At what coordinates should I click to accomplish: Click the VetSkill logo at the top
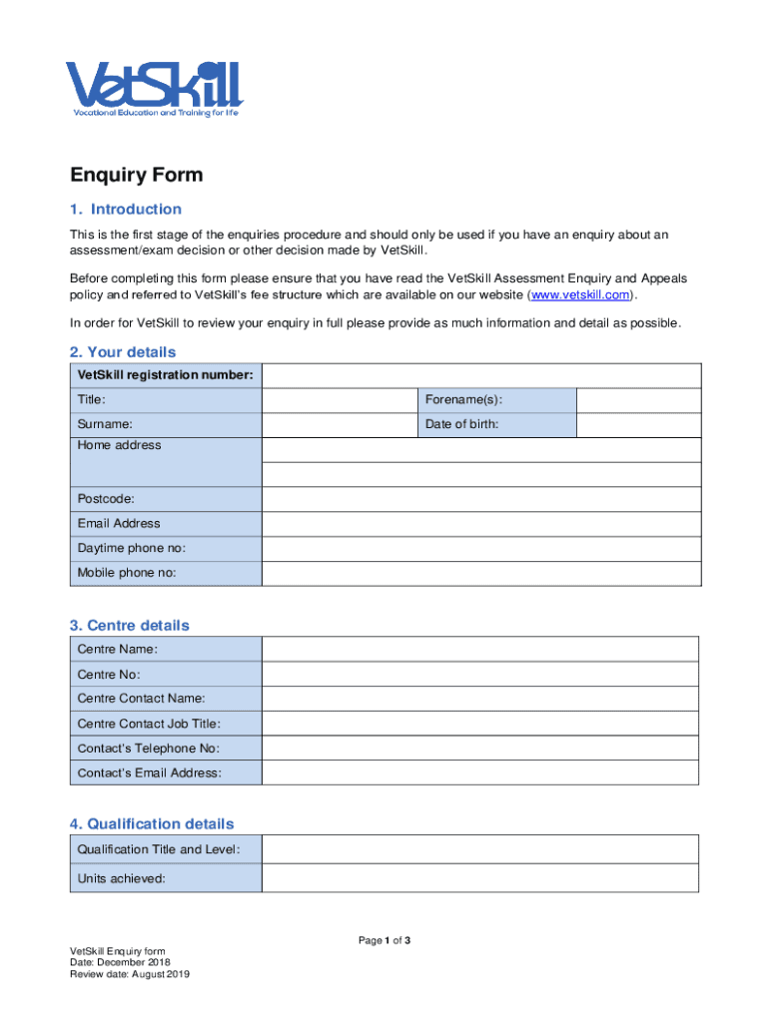point(155,89)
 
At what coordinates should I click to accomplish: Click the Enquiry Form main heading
point(136,176)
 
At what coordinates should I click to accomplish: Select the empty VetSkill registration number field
point(480,375)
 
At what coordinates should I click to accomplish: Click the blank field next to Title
point(340,400)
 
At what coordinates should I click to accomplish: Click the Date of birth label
point(461,424)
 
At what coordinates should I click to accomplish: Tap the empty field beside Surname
point(340,424)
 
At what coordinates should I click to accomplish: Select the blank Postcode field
point(480,499)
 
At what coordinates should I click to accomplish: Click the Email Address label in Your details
point(119,523)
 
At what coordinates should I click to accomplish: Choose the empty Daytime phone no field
point(480,548)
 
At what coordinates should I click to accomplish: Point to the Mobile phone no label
point(127,573)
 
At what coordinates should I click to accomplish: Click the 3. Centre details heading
point(129,626)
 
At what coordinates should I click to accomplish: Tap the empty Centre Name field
point(480,650)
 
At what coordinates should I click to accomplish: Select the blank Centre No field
point(480,675)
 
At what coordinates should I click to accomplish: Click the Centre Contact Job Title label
point(149,724)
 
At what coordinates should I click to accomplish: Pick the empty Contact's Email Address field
point(480,773)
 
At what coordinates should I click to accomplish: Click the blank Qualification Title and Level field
point(480,849)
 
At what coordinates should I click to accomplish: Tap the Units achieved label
point(121,879)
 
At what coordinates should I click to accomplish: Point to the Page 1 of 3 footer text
point(384,941)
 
